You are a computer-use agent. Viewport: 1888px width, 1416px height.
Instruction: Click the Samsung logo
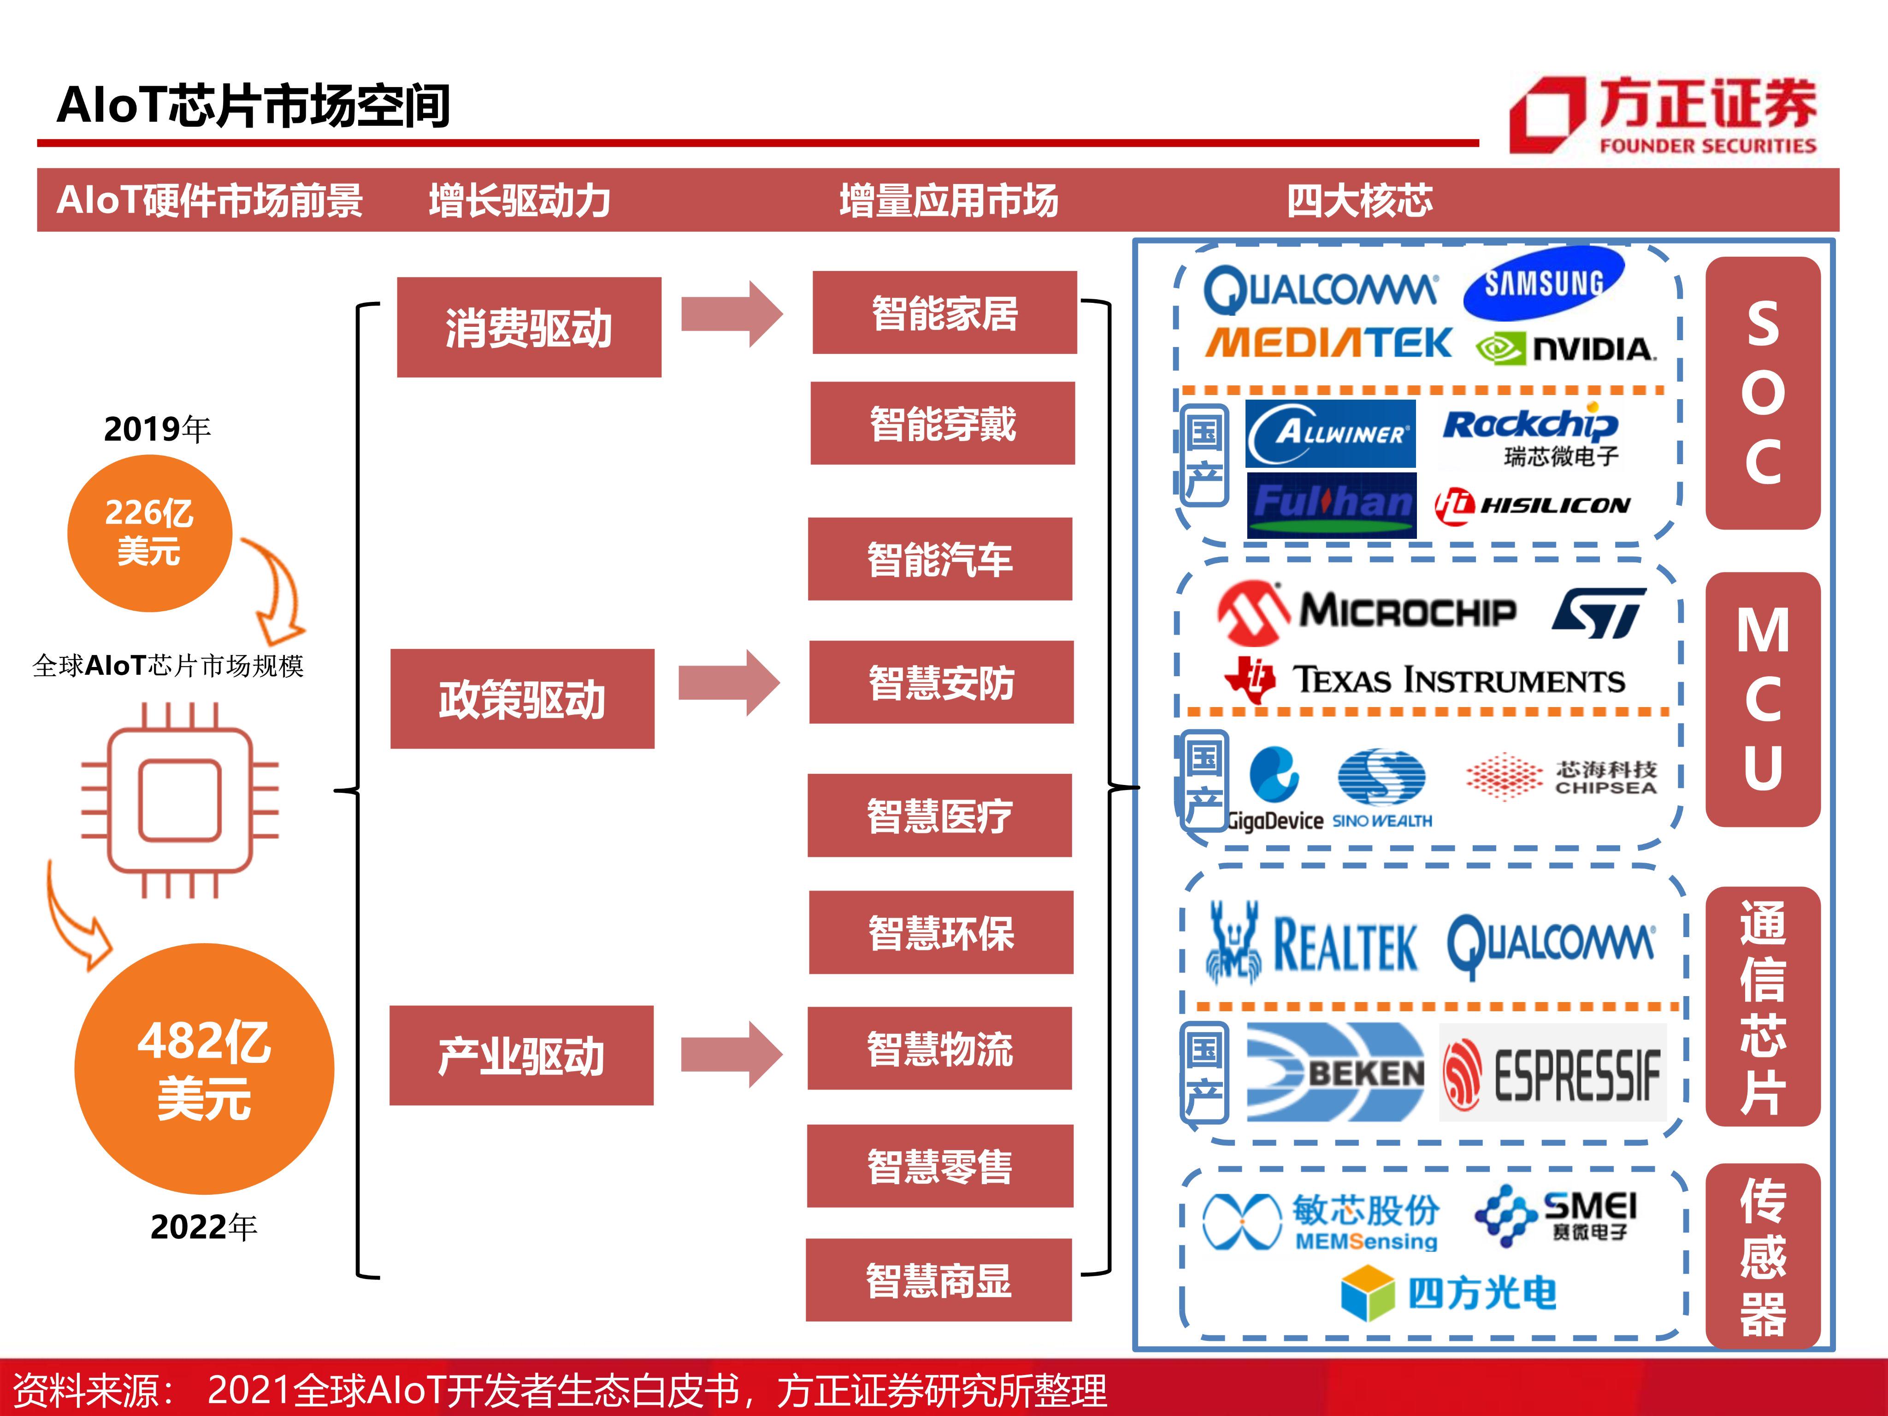coord(1543,283)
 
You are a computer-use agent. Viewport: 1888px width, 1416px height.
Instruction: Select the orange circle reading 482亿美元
coord(204,1068)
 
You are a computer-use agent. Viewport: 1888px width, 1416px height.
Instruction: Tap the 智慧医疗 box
coord(940,815)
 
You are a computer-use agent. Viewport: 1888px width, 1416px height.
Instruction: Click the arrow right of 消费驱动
coord(732,314)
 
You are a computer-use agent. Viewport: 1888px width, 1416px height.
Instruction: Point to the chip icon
coord(180,800)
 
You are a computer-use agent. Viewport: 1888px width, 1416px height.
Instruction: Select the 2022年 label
coord(203,1227)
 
